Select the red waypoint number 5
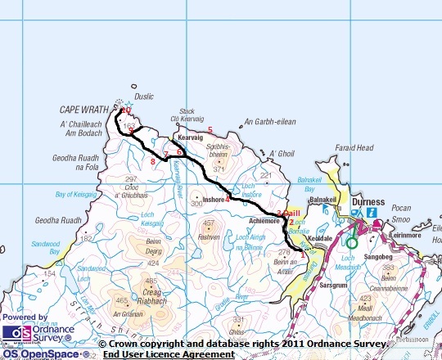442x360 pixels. [210, 130]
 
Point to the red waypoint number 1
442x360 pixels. [303, 255]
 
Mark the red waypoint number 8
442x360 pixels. [152, 162]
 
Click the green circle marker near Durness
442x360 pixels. [352, 242]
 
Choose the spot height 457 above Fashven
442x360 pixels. [209, 223]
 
